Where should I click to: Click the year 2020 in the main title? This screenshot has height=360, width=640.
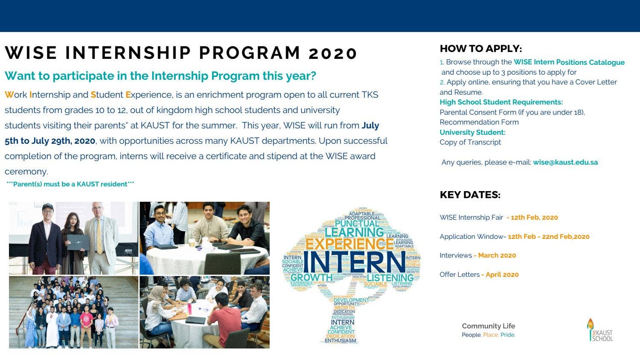point(333,53)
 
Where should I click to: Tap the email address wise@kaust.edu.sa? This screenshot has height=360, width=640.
point(565,162)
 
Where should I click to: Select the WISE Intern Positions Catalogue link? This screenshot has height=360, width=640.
point(569,62)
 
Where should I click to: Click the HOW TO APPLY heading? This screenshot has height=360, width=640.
point(480,49)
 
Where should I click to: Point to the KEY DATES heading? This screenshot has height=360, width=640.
point(470,195)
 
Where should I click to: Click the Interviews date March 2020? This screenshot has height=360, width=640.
point(497,255)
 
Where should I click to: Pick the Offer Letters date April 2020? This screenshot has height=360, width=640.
point(502,275)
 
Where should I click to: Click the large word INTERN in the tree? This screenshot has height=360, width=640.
point(354,262)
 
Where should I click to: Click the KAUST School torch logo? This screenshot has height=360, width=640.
point(590,329)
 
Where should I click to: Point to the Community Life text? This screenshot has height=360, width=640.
point(488,326)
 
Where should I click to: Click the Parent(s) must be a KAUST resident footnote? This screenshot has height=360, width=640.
point(70,184)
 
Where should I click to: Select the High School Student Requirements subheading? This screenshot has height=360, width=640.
point(501,102)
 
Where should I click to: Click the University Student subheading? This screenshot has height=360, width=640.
point(472,132)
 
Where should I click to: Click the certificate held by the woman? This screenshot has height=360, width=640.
point(78,242)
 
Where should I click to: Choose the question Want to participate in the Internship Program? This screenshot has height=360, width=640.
point(160,76)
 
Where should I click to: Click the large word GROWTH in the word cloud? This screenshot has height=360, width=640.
point(311,277)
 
